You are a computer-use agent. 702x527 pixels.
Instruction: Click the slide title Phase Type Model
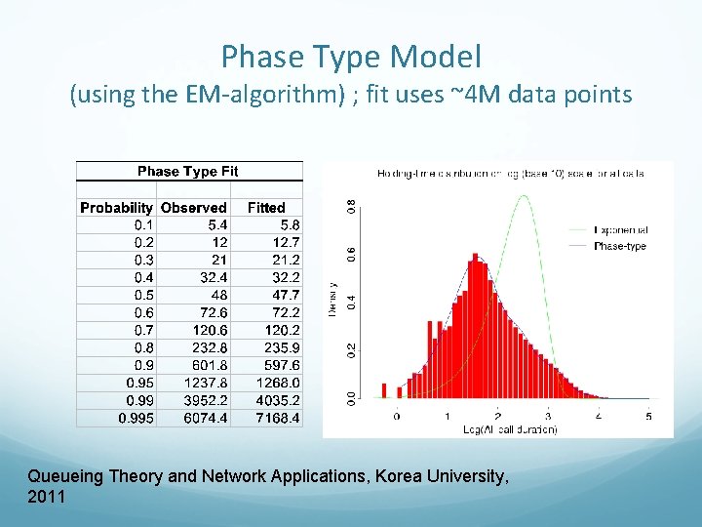(x=351, y=57)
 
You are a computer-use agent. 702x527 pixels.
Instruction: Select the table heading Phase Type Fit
(x=188, y=172)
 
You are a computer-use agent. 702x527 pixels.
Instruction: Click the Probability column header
(x=116, y=208)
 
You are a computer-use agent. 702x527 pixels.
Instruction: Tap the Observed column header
(x=193, y=208)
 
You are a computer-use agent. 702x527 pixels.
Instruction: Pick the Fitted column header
(x=266, y=208)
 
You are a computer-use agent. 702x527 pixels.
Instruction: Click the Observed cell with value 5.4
(x=212, y=224)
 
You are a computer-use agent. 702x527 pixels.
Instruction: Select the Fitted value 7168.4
(x=278, y=418)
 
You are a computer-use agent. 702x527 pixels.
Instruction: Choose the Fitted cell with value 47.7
(x=284, y=295)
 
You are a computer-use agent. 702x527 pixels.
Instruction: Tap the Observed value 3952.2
(x=204, y=400)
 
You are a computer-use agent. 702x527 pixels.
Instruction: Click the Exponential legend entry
(x=621, y=230)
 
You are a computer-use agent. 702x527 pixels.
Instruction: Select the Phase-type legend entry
(x=620, y=246)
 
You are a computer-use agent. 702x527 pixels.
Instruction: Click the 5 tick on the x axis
(x=648, y=416)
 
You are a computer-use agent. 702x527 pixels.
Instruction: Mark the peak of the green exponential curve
(x=525, y=196)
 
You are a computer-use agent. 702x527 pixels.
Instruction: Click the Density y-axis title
(x=333, y=298)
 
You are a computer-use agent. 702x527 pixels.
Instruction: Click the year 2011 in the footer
(x=46, y=497)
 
